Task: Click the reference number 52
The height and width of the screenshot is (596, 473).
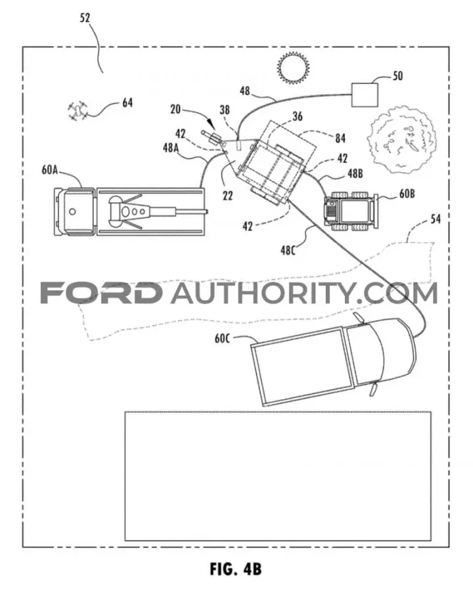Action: point(85,18)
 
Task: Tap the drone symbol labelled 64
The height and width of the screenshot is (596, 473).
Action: point(78,110)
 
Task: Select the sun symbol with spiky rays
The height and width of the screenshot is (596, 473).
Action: point(292,68)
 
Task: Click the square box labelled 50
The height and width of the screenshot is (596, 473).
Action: point(364,95)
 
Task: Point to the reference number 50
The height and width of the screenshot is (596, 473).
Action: point(397,75)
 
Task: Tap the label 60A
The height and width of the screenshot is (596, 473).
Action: point(49,169)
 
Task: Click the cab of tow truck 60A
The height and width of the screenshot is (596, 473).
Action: point(74,211)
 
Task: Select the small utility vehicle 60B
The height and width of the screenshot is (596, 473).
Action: point(350,212)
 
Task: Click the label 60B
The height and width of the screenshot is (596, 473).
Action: point(407,194)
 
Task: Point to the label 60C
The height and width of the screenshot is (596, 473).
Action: point(222,338)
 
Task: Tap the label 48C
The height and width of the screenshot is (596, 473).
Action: point(288,251)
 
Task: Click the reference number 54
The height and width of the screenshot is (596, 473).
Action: point(436,219)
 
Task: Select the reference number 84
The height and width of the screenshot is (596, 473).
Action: point(340,138)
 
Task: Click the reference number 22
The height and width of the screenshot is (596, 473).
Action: point(227,196)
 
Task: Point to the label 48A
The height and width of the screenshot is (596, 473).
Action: point(171,148)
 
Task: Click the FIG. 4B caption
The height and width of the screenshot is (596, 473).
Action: point(236,569)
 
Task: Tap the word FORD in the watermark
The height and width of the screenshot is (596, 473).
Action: point(101,293)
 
